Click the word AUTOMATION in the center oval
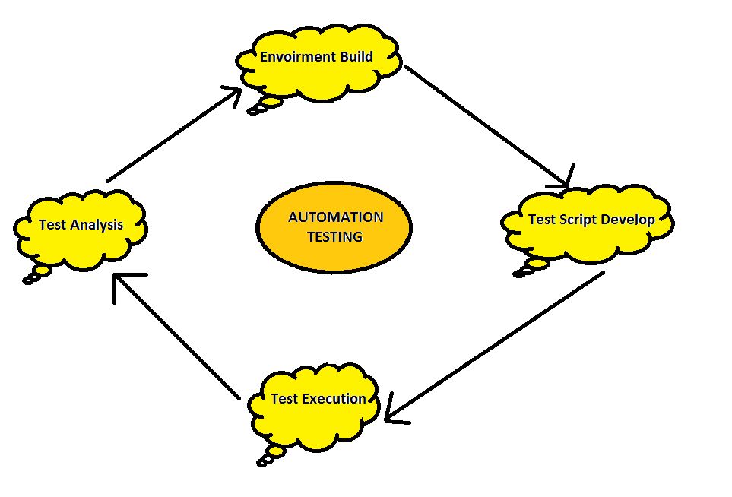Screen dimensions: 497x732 point(335,217)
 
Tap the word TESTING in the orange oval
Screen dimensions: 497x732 point(334,237)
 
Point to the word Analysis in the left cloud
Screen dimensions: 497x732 point(97,225)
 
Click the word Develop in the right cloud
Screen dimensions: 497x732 point(627,220)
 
